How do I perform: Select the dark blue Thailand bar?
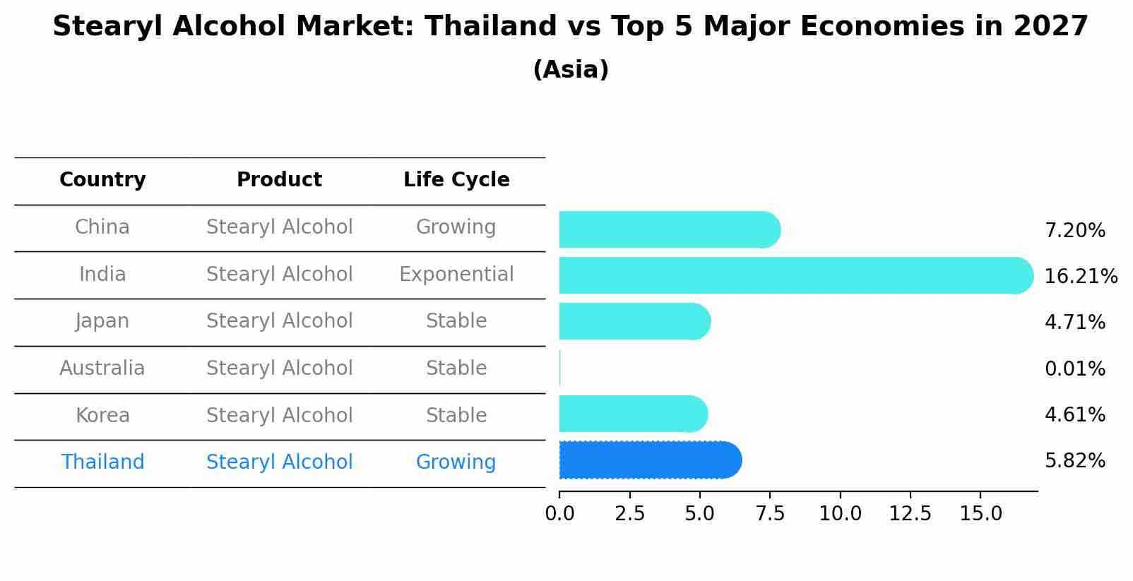click(650, 460)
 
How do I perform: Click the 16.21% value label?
click(1080, 276)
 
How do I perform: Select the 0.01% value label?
click(1074, 369)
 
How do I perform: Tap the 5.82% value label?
click(1074, 461)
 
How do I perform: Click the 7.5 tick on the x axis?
click(770, 514)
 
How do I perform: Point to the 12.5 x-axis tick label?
click(910, 514)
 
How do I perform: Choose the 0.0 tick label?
click(559, 514)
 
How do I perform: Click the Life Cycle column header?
click(456, 180)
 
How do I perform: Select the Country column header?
click(102, 180)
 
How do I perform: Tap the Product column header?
click(279, 180)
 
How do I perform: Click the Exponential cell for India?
click(456, 274)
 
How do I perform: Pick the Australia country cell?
click(102, 368)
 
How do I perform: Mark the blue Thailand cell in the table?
click(102, 462)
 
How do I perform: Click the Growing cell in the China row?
click(456, 227)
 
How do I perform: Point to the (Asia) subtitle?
click(571, 70)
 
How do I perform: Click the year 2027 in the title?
click(1050, 27)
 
